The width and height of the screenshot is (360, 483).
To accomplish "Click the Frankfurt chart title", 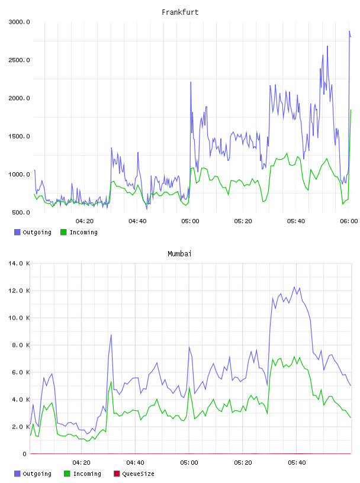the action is click(180, 12).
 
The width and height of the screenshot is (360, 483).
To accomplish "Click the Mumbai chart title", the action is click(179, 253).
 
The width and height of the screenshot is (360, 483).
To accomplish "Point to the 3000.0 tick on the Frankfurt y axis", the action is click(19, 22).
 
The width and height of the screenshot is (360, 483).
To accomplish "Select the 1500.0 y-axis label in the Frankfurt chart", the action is click(19, 136).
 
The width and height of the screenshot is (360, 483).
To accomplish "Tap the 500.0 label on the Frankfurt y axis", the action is click(21, 212).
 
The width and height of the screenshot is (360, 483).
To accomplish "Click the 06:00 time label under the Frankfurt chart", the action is click(349, 221).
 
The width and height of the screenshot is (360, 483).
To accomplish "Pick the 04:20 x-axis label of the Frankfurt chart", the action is click(85, 221).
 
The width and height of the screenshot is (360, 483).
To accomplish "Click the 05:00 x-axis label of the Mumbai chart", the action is click(189, 462).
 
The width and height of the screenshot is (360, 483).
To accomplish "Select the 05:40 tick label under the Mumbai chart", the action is click(297, 462).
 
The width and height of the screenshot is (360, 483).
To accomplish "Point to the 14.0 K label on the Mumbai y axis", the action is click(19, 263).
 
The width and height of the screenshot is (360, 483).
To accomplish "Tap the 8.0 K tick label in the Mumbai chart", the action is click(21, 345).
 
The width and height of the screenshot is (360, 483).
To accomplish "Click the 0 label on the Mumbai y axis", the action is click(25, 454).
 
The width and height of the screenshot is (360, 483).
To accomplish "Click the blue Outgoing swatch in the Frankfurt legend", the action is click(17, 232).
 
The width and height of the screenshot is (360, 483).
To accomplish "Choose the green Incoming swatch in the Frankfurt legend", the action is click(63, 232).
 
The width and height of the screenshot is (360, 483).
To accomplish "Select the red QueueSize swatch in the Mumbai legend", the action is click(117, 474).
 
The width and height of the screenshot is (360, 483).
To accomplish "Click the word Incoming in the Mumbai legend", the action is click(87, 474).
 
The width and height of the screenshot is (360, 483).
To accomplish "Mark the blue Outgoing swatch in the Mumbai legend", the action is click(17, 474).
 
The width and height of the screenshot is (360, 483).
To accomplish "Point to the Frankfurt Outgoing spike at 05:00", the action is click(191, 82).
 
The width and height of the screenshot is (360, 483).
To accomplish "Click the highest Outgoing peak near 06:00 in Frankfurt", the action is click(349, 31).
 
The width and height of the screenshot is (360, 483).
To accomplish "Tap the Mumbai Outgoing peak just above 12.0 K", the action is click(294, 287).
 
